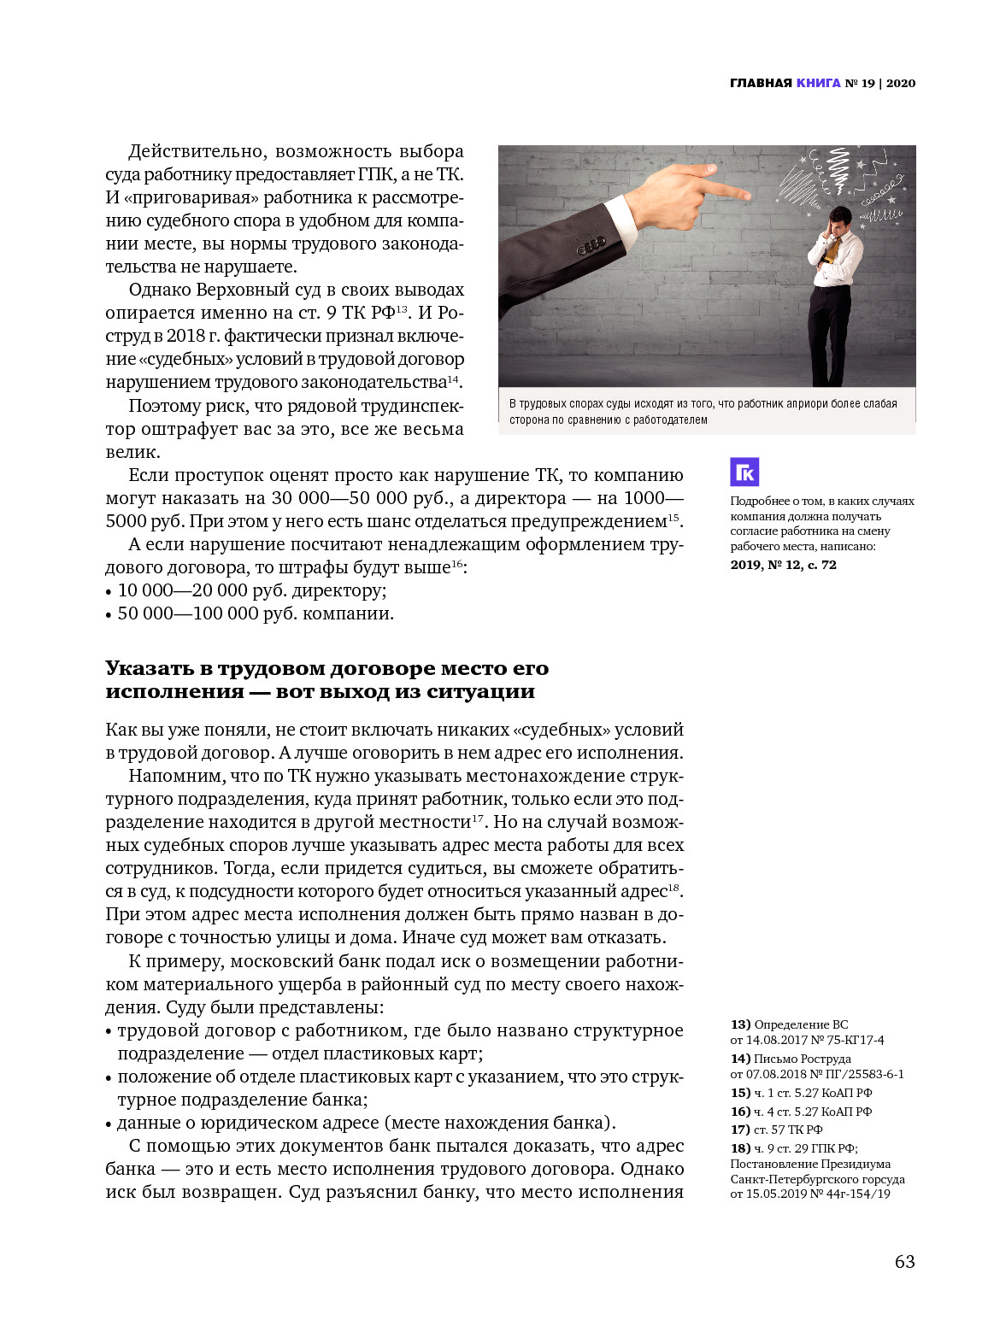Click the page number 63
pos(904,1261)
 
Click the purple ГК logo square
pos(744,472)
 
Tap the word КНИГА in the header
pos(818,83)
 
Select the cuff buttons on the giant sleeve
pos(591,248)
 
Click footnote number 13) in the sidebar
pos(740,1024)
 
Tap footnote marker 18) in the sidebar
pos(740,1148)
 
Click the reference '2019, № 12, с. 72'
pos(783,565)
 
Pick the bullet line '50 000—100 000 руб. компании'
pos(256,613)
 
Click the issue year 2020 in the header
pos(901,83)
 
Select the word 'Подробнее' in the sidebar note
pos(760,501)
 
